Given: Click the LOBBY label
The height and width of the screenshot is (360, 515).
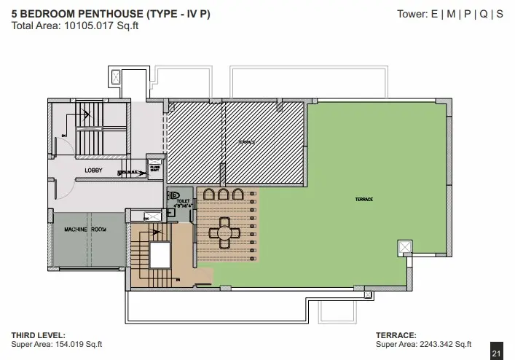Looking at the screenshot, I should pos(93,171).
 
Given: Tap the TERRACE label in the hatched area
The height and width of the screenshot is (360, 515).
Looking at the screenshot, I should pos(246,142).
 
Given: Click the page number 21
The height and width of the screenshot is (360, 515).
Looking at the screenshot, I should pos(497,353).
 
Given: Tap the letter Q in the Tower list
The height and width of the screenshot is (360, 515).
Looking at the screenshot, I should pos(485,14).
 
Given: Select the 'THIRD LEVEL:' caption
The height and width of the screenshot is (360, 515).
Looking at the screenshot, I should pos(39,335).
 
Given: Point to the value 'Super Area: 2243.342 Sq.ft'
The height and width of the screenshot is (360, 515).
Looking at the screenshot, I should pos(423,345).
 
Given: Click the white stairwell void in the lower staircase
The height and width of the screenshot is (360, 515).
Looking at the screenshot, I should pos(159,255).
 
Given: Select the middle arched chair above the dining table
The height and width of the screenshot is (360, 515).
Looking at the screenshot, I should pos(222,195).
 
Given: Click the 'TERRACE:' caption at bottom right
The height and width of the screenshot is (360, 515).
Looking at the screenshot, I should pos(396,335).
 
